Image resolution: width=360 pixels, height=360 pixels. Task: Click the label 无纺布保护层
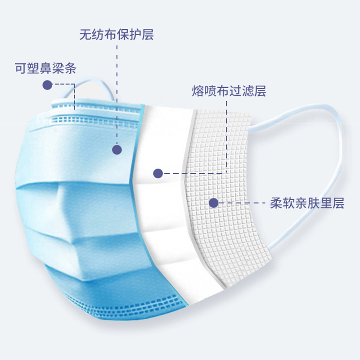point(117,34)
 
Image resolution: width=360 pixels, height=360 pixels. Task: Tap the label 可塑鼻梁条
point(45,69)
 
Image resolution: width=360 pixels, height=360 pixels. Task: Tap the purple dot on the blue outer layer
point(117,150)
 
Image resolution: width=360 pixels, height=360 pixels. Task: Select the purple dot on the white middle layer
point(157,173)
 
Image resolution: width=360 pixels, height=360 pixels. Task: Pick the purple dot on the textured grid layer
point(214,203)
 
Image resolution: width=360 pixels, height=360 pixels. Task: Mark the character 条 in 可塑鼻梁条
point(71,69)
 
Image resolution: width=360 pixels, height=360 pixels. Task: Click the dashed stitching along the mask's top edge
point(90,119)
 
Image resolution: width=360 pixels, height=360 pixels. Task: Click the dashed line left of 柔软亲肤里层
point(243,203)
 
